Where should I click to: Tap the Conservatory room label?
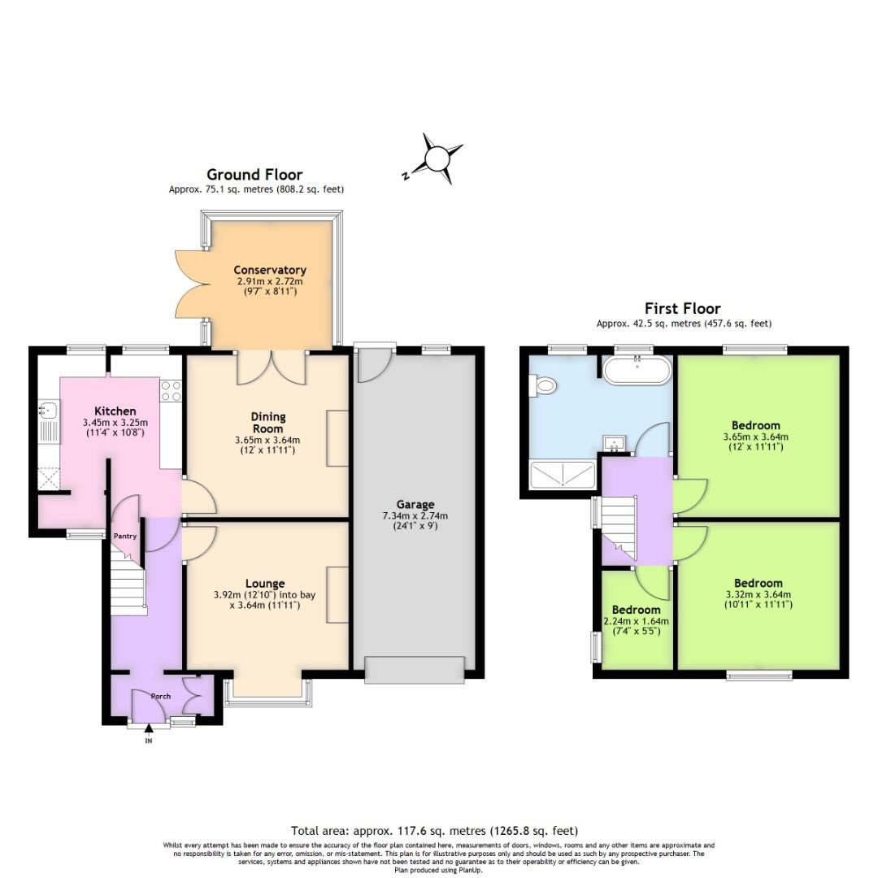click(269, 270)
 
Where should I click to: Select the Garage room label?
click(415, 505)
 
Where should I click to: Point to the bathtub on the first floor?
click(637, 372)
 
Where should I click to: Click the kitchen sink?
click(46, 419)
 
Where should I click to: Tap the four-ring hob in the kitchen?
click(171, 391)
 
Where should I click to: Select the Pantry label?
click(124, 536)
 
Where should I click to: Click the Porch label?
click(161, 696)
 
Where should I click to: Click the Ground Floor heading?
click(254, 175)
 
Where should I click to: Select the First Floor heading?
click(682, 308)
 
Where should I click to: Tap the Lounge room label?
click(265, 583)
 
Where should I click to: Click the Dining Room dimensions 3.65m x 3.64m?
click(267, 441)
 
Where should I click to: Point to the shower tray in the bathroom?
click(562, 474)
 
